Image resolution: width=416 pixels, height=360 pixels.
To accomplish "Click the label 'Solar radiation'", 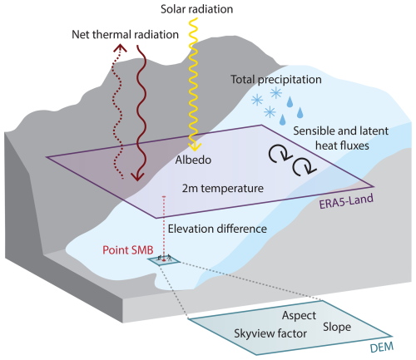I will [x=197, y=10].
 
